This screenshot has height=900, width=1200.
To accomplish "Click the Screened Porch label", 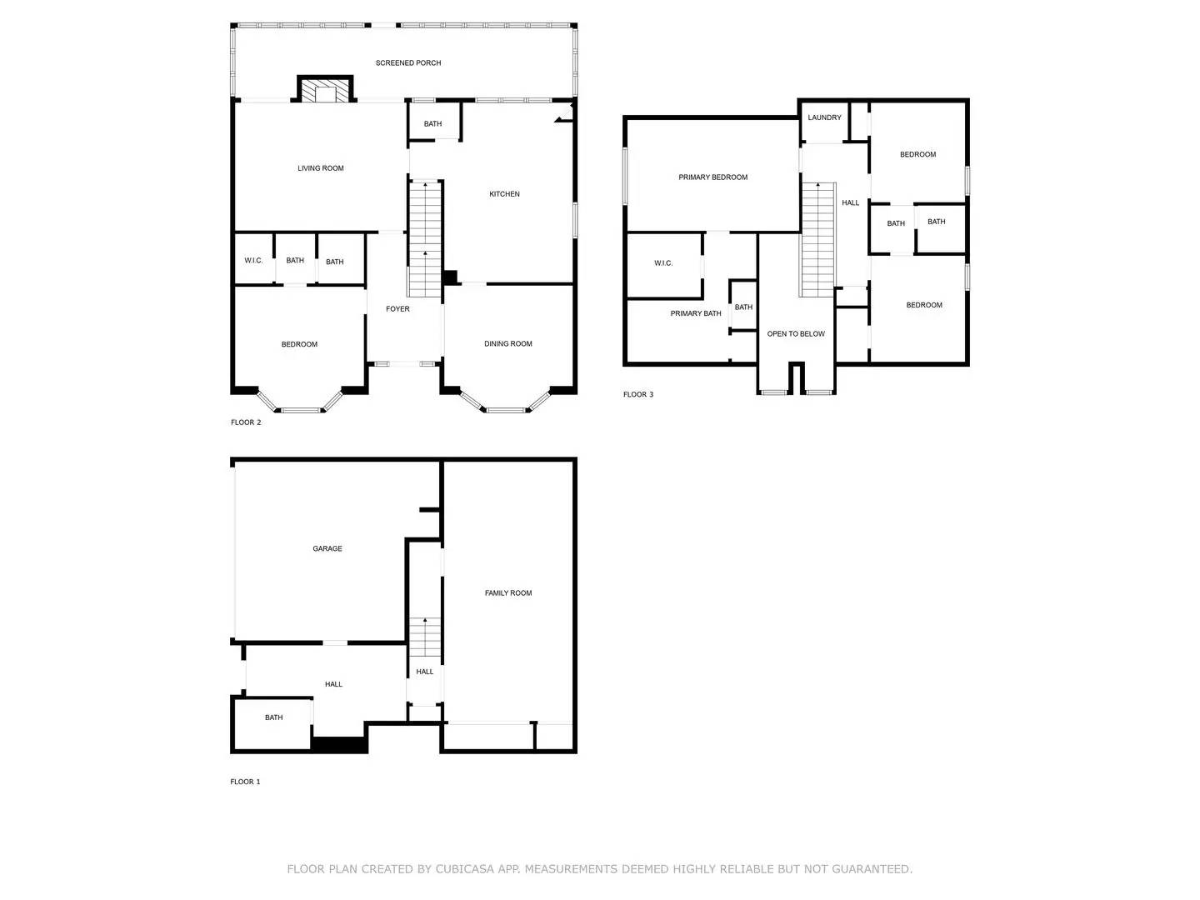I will click(408, 63).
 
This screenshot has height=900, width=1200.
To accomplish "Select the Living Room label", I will click(321, 168).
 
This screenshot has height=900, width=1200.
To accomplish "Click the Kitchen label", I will click(504, 194).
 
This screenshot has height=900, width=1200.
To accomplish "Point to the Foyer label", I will click(397, 309).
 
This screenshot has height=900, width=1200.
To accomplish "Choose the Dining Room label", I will click(508, 344).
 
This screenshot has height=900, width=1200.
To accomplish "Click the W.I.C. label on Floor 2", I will click(253, 261).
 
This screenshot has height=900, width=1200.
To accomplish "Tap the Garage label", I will click(327, 549).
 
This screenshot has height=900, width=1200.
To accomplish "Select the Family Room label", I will click(508, 593).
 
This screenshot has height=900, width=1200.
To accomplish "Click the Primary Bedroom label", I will click(712, 177).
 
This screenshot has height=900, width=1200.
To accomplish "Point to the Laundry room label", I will click(824, 117).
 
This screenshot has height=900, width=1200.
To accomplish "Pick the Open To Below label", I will click(796, 334).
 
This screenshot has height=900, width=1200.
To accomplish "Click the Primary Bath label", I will click(696, 314).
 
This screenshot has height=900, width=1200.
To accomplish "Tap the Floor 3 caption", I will click(638, 395).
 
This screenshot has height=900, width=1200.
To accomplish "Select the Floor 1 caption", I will click(245, 782).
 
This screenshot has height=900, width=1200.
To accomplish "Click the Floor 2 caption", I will click(246, 423).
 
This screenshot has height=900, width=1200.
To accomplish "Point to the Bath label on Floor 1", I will click(274, 717).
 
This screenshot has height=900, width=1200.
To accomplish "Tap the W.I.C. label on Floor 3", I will click(663, 263).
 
